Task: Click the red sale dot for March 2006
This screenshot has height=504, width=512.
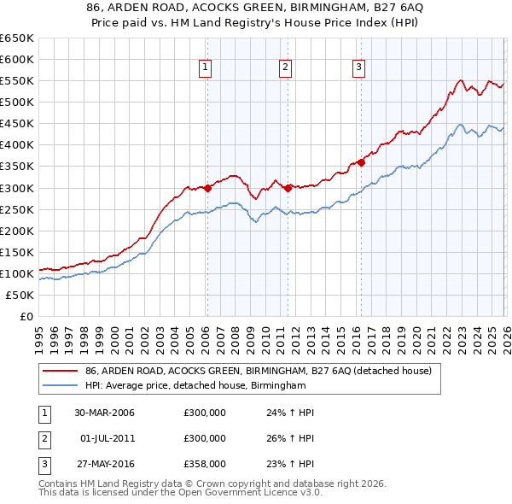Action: coord(207,188)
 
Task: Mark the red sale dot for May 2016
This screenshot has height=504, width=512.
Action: coord(361,162)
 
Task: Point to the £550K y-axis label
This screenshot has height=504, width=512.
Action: coord(17,80)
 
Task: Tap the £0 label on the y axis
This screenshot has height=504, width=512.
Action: coord(25,316)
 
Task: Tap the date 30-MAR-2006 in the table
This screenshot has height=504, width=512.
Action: coord(104,413)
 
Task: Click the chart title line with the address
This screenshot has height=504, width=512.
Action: coord(255,9)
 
